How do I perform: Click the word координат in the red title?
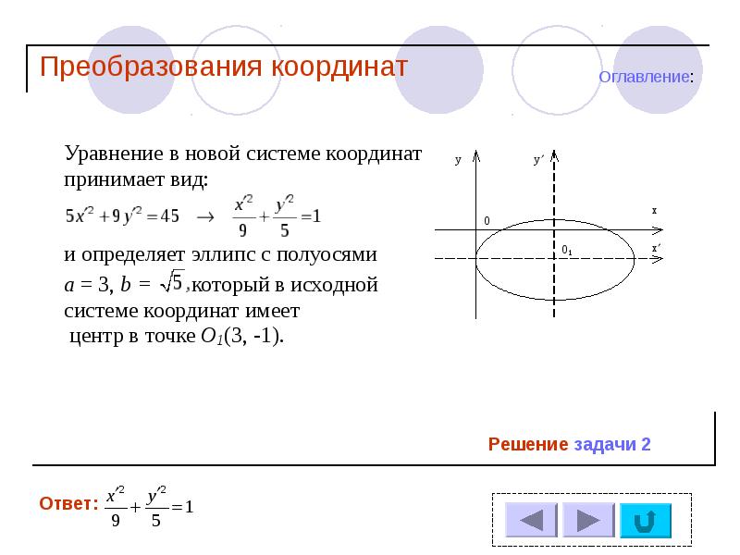(339, 68)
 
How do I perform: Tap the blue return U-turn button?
(646, 521)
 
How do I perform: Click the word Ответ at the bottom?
(67, 504)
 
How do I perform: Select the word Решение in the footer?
(528, 445)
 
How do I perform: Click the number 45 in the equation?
(169, 216)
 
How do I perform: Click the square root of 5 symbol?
(173, 280)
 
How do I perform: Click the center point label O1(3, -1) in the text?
(241, 335)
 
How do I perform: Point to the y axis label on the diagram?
(458, 160)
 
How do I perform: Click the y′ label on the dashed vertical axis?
(538, 160)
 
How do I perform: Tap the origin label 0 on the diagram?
(486, 221)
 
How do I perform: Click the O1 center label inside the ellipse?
(567, 250)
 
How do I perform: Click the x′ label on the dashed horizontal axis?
(655, 248)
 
